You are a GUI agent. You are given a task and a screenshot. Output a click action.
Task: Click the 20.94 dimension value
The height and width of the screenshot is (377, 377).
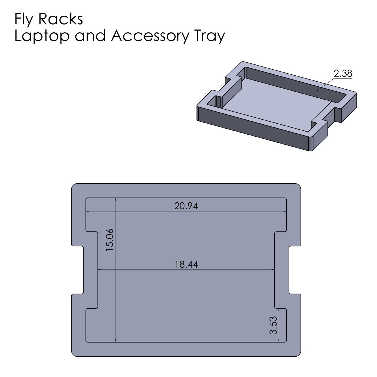[186, 206]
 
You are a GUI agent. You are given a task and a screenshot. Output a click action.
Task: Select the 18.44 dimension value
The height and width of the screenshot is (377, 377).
[186, 265]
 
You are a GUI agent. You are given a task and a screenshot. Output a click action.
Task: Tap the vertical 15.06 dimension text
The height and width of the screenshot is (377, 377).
[110, 240]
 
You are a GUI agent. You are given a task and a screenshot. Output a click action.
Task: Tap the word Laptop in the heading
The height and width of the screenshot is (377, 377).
[42, 36]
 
